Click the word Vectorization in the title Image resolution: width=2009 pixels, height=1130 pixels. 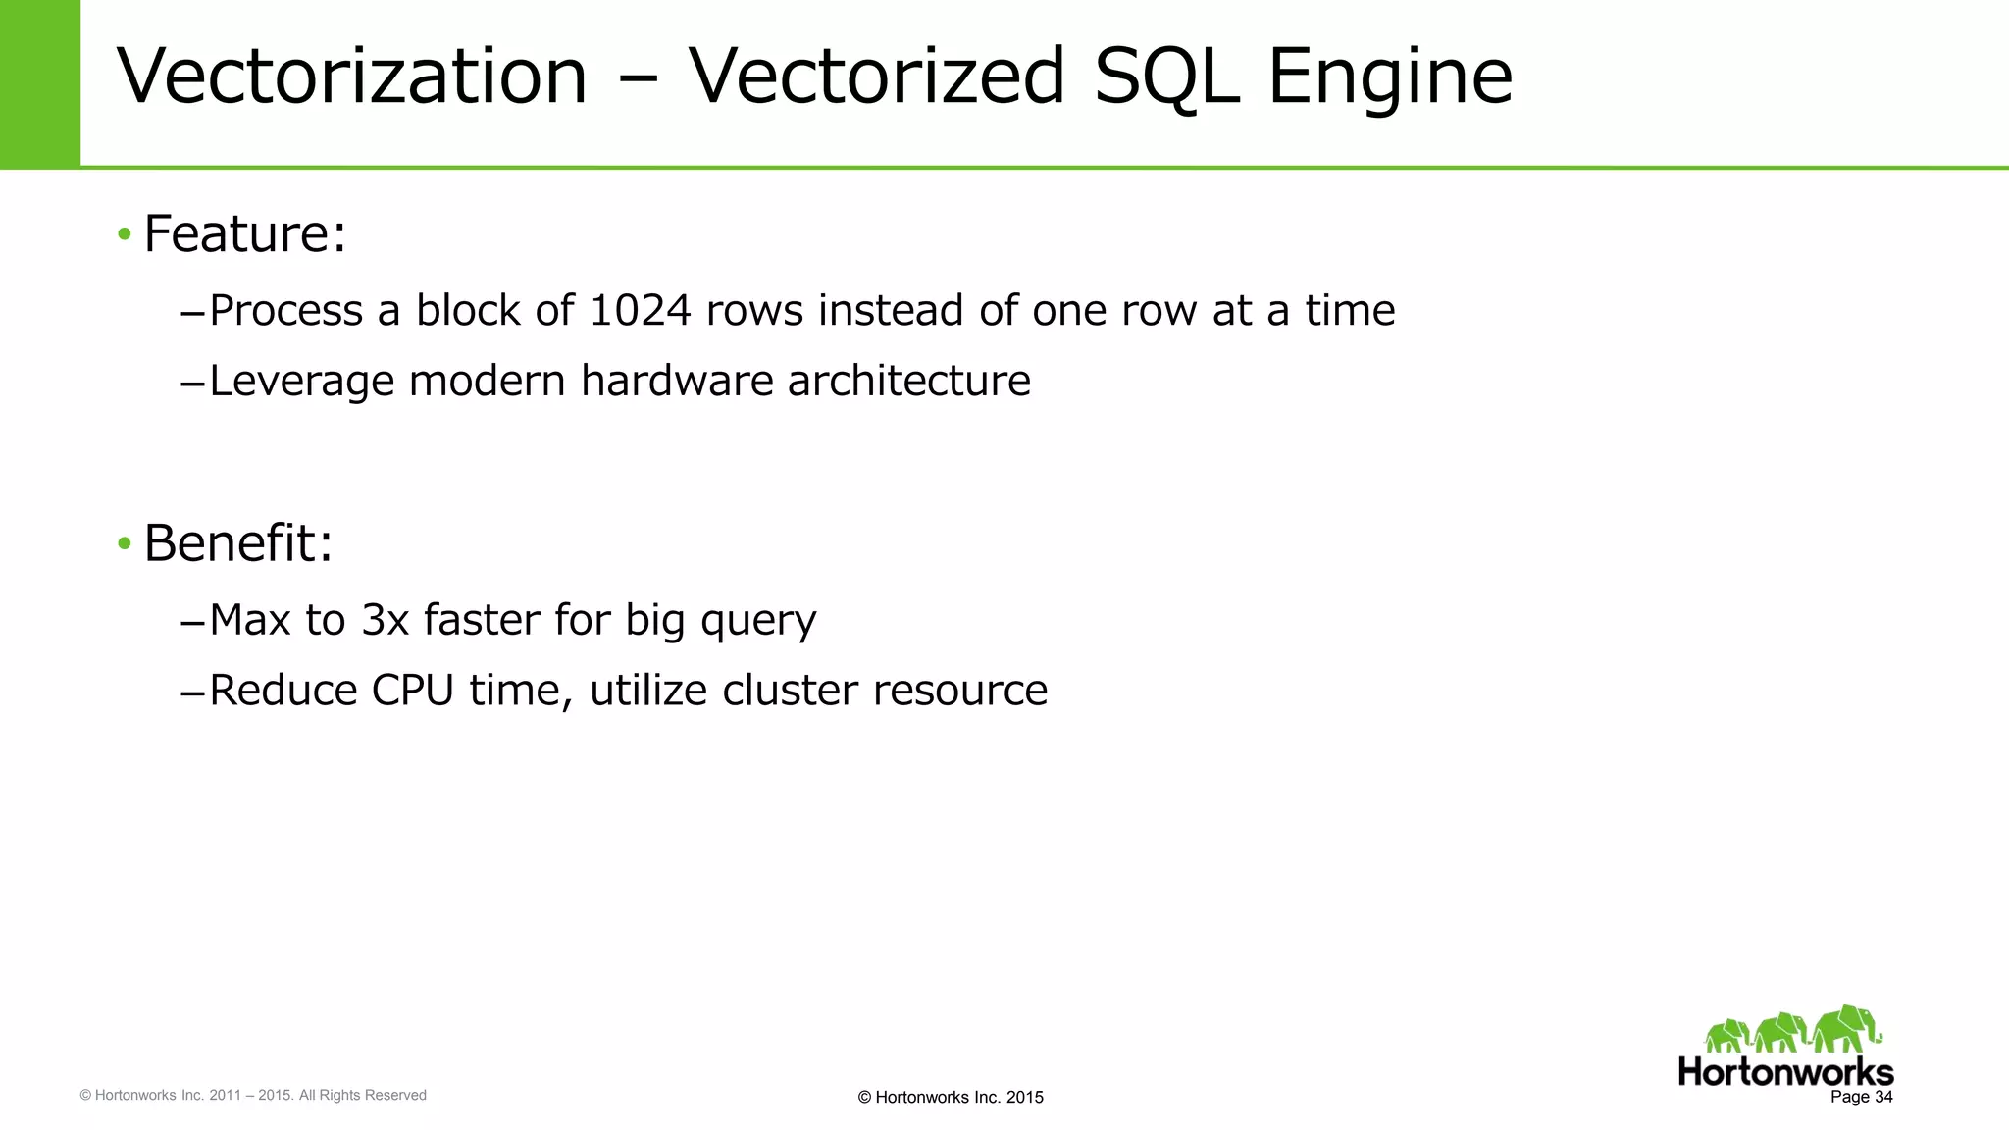click(351, 77)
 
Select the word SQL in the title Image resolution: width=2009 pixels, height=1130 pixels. click(1165, 77)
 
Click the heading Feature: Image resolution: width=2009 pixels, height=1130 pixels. click(245, 233)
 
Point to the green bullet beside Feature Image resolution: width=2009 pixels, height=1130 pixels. click(124, 234)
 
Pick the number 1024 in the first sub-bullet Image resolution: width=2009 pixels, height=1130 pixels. click(640, 311)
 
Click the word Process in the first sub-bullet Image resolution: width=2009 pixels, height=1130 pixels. click(285, 311)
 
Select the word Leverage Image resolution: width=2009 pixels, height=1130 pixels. click(301, 382)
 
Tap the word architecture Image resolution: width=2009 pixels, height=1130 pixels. click(908, 381)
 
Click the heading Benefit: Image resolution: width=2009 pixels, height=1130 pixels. click(238, 542)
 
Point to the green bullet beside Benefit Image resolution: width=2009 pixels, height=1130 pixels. click(124, 543)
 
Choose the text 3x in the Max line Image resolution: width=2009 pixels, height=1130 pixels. click(385, 620)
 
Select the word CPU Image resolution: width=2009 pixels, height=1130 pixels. click(412, 691)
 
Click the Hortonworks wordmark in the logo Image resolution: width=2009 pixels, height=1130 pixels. click(1784, 1071)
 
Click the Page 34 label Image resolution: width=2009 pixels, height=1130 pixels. click(1861, 1097)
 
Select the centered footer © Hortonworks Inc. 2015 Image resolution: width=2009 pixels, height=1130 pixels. click(950, 1098)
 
